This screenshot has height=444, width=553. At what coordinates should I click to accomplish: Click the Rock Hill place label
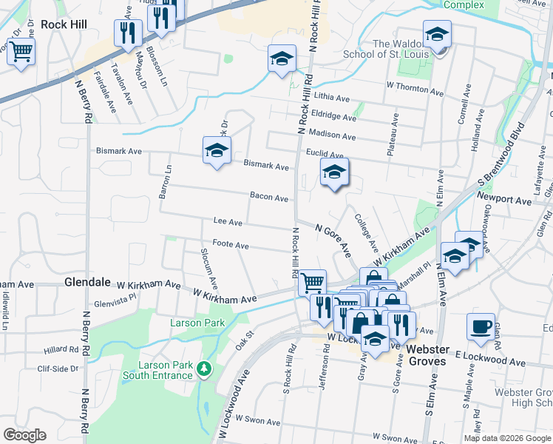coord(64,24)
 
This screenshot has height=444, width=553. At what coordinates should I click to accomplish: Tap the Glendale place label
coord(87,283)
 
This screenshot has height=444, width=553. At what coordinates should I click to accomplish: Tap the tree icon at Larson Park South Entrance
coord(204,368)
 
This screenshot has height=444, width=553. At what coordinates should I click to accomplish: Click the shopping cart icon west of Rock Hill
coord(21,51)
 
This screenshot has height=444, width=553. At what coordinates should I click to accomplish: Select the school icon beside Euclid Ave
coord(334,173)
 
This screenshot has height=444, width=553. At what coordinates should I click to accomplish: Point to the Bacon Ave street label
coord(268,198)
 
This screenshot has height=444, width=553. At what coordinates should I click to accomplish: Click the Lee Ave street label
coord(228,221)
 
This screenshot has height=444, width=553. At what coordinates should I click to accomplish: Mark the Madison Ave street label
coord(332,137)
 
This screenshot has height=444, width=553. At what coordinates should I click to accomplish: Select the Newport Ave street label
coord(504,201)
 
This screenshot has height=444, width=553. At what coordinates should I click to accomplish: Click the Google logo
coord(24,435)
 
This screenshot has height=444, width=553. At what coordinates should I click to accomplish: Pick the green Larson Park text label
coord(197,323)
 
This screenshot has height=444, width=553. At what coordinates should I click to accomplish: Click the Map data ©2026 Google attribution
coord(506,438)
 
